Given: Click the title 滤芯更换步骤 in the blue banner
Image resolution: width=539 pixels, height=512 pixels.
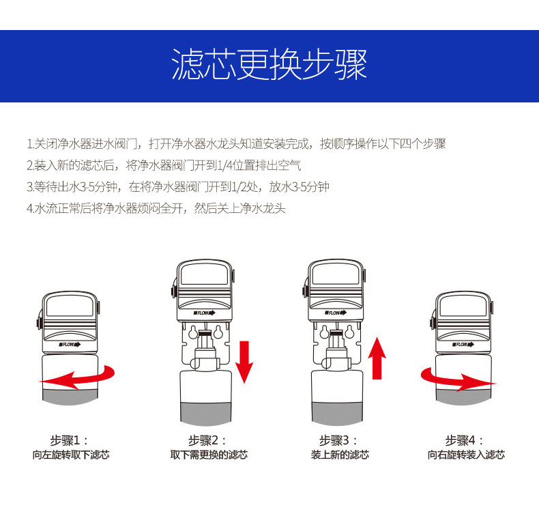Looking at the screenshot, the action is (269, 64).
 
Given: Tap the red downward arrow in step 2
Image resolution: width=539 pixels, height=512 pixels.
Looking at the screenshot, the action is (244, 362).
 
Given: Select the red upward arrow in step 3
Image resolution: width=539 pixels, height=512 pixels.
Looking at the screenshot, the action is (377, 358).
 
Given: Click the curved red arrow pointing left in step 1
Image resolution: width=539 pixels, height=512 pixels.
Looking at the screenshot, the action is (77, 378).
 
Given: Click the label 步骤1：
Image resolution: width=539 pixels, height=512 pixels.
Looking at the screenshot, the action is (69, 440).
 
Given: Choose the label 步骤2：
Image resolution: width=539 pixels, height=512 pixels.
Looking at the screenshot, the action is (207, 440).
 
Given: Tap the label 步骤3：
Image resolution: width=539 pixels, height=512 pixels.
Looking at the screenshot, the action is (338, 440).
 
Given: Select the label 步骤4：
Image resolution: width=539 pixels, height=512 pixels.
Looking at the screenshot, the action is (465, 440).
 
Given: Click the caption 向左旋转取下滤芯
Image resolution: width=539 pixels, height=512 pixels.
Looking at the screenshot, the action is (71, 455).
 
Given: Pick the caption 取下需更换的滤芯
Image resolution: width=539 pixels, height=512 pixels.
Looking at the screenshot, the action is (209, 455).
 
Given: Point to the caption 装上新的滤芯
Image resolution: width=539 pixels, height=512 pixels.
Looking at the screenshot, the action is (340, 455).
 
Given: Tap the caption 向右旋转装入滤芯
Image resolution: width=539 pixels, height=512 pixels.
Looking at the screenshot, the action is (466, 455).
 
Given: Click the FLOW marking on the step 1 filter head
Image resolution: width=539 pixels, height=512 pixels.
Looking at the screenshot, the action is (70, 344).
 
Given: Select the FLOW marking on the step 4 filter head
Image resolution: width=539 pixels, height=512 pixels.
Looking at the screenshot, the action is (463, 344).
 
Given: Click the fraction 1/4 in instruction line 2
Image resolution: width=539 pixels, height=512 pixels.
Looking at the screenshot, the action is (225, 166).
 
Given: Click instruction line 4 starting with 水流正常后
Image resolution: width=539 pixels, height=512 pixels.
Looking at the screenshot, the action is (156, 208).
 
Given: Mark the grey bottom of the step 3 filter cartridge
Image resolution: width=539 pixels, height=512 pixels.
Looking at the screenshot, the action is (337, 413).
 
